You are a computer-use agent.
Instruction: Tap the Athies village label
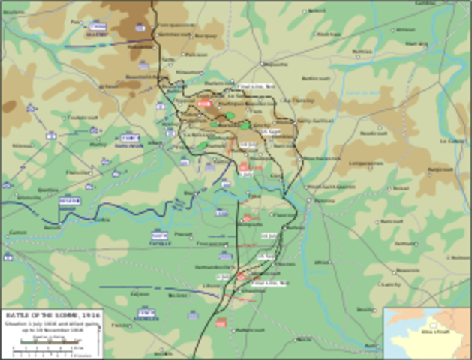pos(323,262)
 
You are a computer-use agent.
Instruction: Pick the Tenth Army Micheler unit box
pos(146,313)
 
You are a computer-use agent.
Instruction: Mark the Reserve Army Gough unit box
pos(69,201)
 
